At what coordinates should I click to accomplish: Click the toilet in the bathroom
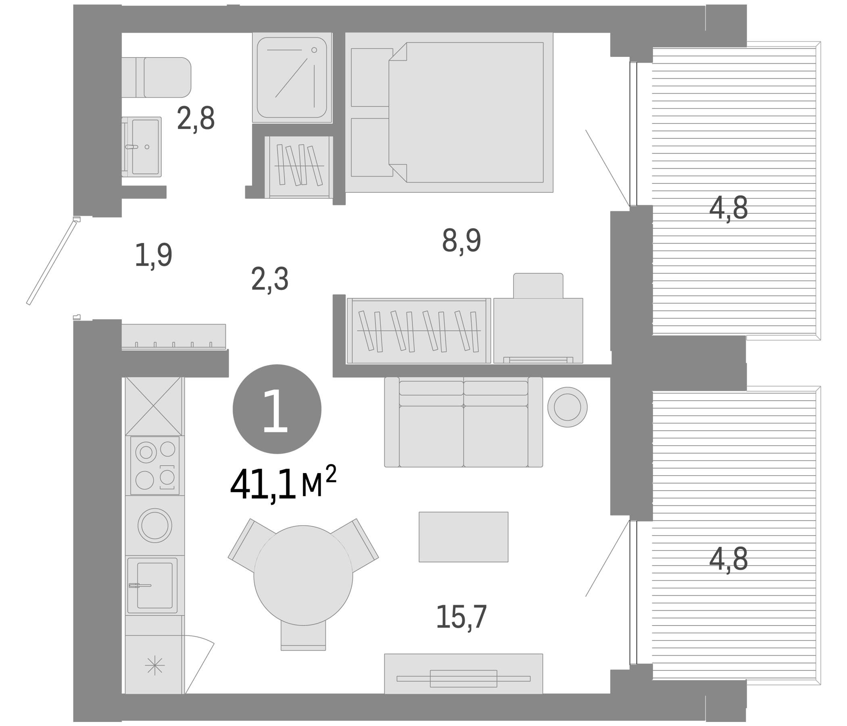click(159, 77)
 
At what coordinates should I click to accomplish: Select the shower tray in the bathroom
click(292, 78)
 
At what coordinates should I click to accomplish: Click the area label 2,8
click(195, 119)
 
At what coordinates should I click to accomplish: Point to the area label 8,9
click(461, 241)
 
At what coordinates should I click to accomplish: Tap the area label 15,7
click(461, 617)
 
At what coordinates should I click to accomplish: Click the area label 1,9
click(153, 255)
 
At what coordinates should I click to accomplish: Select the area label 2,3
click(270, 279)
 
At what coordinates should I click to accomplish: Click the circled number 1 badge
click(277, 409)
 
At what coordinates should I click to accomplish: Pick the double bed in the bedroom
click(450, 113)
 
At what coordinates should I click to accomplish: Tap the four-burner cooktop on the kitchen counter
click(155, 465)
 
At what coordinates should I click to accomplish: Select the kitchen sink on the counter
click(153, 585)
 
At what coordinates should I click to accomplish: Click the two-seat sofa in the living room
click(463, 422)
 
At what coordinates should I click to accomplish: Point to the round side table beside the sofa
click(567, 407)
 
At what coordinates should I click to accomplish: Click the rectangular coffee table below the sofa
click(463, 537)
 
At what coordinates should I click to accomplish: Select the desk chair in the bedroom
click(538, 285)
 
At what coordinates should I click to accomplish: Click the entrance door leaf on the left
click(52, 262)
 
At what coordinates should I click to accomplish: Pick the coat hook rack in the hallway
click(174, 336)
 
